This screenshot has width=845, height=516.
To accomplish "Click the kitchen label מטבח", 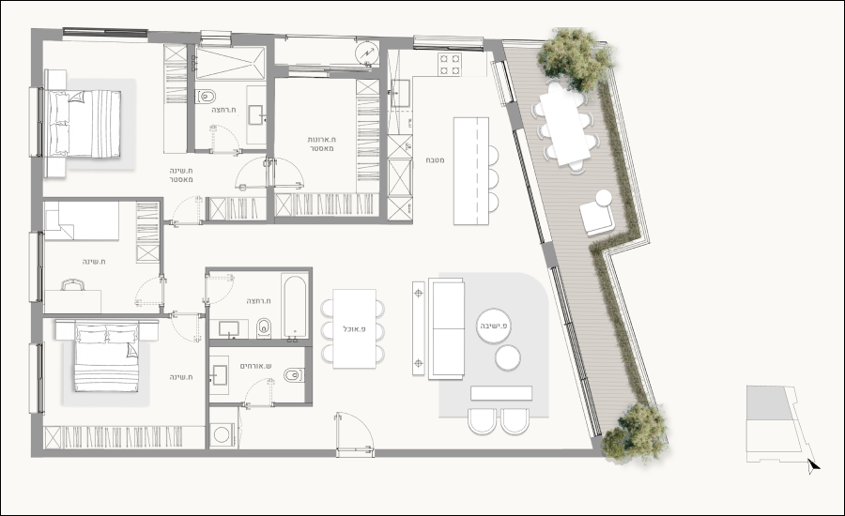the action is [x=435, y=160].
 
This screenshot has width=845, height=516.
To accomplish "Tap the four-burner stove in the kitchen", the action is [x=450, y=64].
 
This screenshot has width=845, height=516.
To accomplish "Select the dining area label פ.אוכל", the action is [x=354, y=328].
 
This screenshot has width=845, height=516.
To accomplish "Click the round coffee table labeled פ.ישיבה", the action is [x=494, y=326].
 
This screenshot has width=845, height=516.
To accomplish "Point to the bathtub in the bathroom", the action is [x=294, y=307].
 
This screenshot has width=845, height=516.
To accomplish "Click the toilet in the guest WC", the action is [x=293, y=375].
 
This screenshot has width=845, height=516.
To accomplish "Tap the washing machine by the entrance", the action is [x=222, y=434].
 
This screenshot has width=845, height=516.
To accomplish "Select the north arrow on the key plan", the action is [x=813, y=466].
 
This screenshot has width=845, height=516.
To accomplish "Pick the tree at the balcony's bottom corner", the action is [x=634, y=432].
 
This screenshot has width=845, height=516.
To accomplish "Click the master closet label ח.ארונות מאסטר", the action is [x=321, y=144].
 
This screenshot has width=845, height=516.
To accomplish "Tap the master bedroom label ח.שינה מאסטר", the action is [x=180, y=175].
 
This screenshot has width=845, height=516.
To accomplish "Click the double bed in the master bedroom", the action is [x=84, y=124].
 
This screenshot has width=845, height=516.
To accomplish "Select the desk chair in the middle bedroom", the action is [x=72, y=284].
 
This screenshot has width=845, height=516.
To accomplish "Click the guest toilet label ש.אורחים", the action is [x=255, y=366].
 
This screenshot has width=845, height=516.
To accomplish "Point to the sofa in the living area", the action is [x=446, y=328].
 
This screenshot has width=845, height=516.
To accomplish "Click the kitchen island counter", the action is [x=471, y=171].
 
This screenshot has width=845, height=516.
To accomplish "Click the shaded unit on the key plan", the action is [x=769, y=402].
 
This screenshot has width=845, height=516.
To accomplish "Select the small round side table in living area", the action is [x=508, y=358].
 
